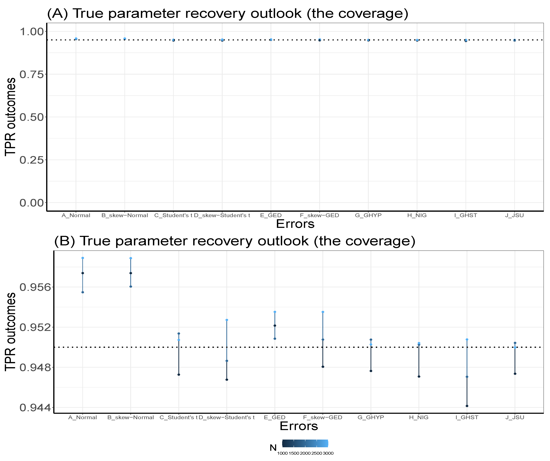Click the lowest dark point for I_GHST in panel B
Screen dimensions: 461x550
pyautogui.click(x=467, y=406)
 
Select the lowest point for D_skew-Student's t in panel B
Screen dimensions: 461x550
pyautogui.click(x=227, y=380)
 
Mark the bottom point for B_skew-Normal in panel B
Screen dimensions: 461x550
pyautogui.click(x=131, y=287)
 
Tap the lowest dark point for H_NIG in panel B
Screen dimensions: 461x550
pyautogui.click(x=419, y=377)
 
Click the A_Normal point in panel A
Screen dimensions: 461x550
pyautogui.click(x=76, y=39)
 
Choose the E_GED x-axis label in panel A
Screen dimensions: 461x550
pyautogui.click(x=271, y=215)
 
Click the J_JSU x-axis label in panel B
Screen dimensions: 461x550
pyautogui.click(x=515, y=418)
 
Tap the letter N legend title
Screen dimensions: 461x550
pyautogui.click(x=273, y=448)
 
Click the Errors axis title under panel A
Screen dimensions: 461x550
pyautogui.click(x=295, y=224)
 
